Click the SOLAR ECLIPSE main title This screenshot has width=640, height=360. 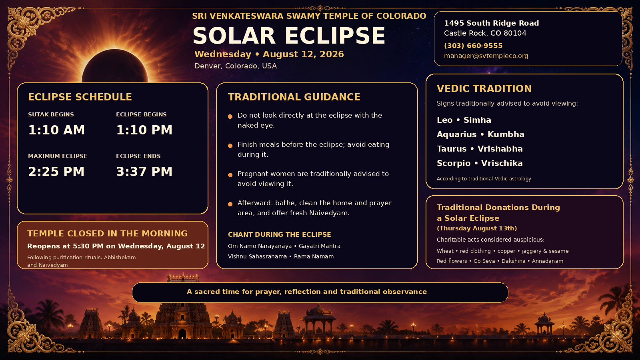pyautogui.click(x=289, y=36)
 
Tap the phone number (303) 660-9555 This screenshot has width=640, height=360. pyautogui.click(x=473, y=46)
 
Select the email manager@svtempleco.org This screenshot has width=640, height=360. pyautogui.click(x=486, y=56)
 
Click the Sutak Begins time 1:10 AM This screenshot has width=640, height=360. pyautogui.click(x=56, y=130)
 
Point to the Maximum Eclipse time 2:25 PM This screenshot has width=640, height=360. pyautogui.click(x=56, y=172)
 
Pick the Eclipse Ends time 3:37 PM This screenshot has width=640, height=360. pyautogui.click(x=144, y=172)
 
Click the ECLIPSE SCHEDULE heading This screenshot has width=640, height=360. pyautogui.click(x=80, y=97)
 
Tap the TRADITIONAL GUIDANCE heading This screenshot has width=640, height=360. pyautogui.click(x=294, y=97)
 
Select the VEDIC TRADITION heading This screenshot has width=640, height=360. pyautogui.click(x=484, y=88)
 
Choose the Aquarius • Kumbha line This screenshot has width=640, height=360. pyautogui.click(x=480, y=134)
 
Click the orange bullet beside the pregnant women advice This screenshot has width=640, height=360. pyautogui.click(x=230, y=175)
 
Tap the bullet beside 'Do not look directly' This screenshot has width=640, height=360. pyautogui.click(x=230, y=116)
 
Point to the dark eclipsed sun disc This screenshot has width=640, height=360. pyautogui.click(x=115, y=67)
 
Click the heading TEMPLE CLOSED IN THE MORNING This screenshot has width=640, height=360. pyautogui.click(x=108, y=234)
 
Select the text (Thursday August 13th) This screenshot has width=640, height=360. pyautogui.click(x=477, y=228)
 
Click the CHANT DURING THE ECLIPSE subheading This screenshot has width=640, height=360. pyautogui.click(x=280, y=234)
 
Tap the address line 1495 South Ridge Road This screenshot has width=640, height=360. pyautogui.click(x=492, y=23)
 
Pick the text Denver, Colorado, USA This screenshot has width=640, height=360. pyautogui.click(x=236, y=66)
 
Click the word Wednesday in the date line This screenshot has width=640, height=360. pyautogui.click(x=223, y=54)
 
